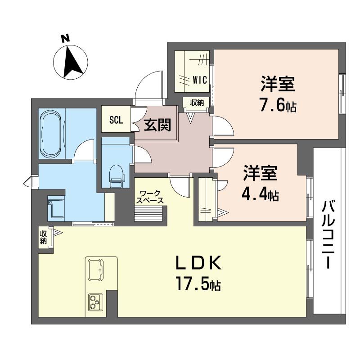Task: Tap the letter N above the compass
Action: click(x=66, y=38)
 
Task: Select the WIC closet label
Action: click(x=200, y=80)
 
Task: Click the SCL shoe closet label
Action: click(x=116, y=120)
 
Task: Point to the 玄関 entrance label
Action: click(x=157, y=126)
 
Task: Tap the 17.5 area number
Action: click(x=192, y=283)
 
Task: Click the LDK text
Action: click(x=198, y=262)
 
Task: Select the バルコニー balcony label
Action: click(x=328, y=234)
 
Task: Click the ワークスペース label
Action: click(x=150, y=197)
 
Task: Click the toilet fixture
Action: click(x=117, y=176)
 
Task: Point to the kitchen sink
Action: click(x=95, y=270)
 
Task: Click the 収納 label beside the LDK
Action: click(x=43, y=237)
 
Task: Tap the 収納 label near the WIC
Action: click(x=197, y=103)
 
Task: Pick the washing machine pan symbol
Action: click(x=56, y=208)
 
